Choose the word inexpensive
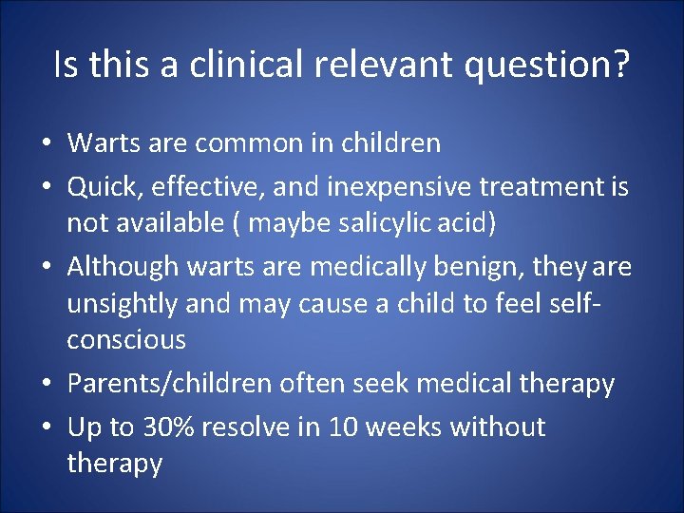(406, 188)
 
